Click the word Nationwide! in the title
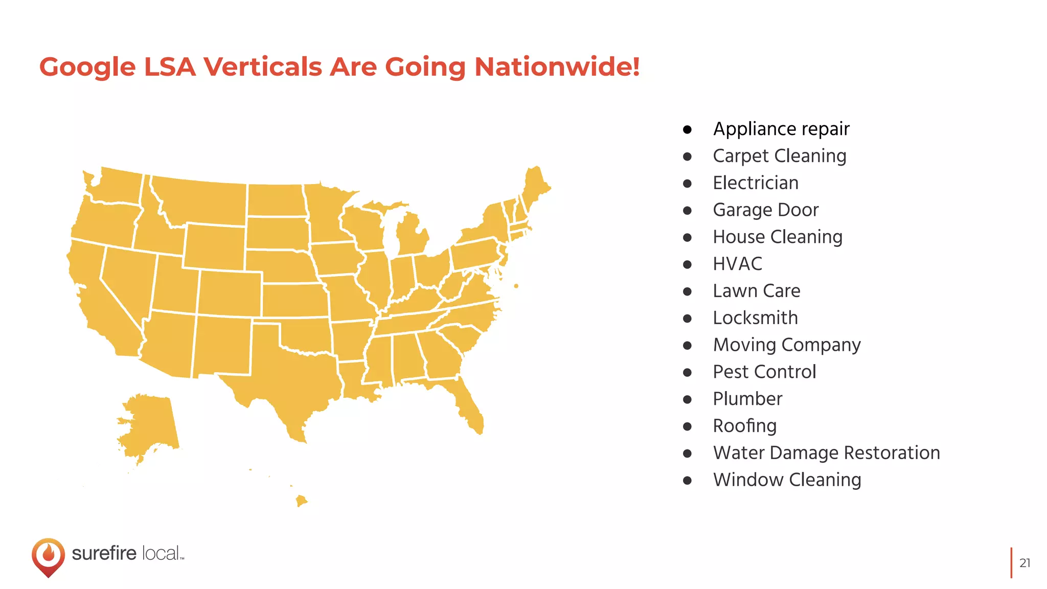[x=557, y=67]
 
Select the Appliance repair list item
[x=781, y=129]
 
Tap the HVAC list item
[x=737, y=264]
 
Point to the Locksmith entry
[x=755, y=318]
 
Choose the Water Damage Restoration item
[x=826, y=453]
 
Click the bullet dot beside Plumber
[x=688, y=399]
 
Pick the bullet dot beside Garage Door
[x=688, y=210]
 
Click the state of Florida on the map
[x=468, y=406]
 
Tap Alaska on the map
[x=151, y=424]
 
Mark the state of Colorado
[x=230, y=293]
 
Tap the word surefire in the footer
[x=104, y=553]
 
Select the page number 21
[x=1025, y=563]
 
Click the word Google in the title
[x=87, y=67]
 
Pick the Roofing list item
[x=744, y=426]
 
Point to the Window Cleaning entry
[x=787, y=480]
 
